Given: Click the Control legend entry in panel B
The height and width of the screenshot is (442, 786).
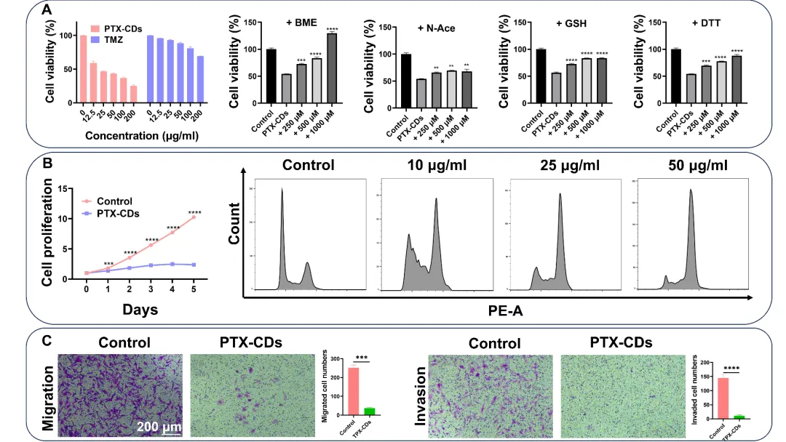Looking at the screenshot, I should (114, 201).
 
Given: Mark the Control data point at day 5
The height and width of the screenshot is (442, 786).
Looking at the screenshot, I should (194, 217).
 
